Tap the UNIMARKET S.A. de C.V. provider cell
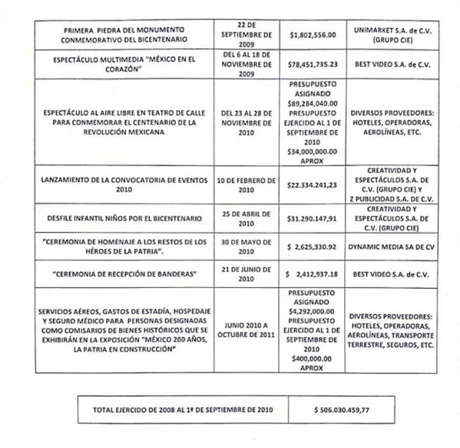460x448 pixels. coord(392,34)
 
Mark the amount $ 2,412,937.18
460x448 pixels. coord(313,274)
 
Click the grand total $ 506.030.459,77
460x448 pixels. coord(341,410)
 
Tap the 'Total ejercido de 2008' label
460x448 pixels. coord(182,410)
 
